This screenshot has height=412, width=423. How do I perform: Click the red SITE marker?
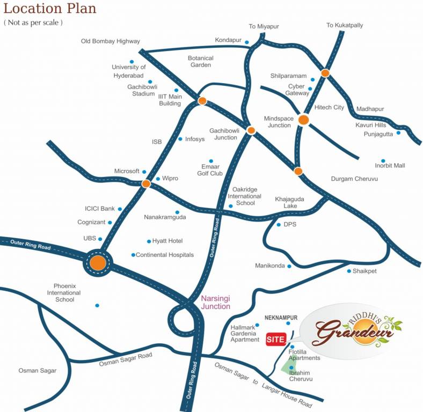click(x=276, y=339)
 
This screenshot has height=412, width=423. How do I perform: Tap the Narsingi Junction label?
click(x=215, y=303)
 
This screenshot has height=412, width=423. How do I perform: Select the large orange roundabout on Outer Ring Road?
click(x=98, y=263)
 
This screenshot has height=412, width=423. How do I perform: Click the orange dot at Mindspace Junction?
click(x=303, y=120)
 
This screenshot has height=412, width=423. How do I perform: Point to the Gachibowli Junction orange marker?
click(x=251, y=130)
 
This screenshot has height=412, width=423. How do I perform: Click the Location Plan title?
click(x=50, y=9)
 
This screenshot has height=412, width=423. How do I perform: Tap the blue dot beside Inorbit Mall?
click(x=383, y=160)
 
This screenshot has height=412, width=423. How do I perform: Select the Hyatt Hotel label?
click(x=168, y=241)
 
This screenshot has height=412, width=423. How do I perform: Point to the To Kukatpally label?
click(x=345, y=25)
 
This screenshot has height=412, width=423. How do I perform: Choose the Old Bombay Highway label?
click(x=110, y=41)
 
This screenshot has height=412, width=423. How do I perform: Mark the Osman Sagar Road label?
click(x=126, y=359)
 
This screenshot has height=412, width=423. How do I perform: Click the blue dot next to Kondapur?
click(x=247, y=42)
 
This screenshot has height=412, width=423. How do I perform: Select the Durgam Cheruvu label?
click(x=354, y=179)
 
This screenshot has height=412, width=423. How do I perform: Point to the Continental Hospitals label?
click(x=165, y=255)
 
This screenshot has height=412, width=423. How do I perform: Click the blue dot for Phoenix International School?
click(x=97, y=305)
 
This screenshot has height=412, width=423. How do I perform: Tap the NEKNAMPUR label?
click(x=281, y=318)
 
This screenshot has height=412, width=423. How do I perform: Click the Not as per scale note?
click(x=33, y=23)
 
